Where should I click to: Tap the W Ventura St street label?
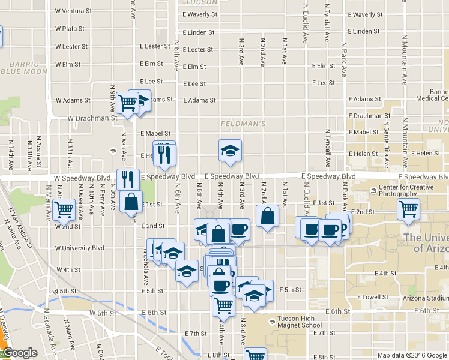[73, 11]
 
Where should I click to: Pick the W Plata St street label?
[70, 28]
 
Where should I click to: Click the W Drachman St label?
[92, 118]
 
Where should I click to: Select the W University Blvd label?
[79, 248]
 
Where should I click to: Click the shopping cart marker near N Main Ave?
[64, 210]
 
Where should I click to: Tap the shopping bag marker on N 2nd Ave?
[268, 216]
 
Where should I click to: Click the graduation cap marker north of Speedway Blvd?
[229, 152]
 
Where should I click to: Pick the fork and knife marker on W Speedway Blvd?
[128, 179]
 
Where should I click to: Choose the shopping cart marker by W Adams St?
[127, 103]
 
